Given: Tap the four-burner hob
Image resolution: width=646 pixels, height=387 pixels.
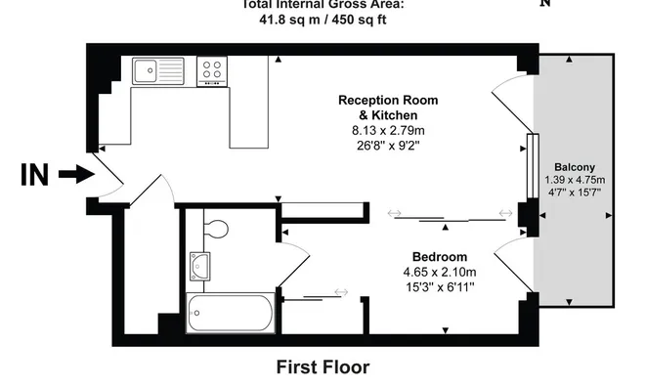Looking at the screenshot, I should (x=211, y=69).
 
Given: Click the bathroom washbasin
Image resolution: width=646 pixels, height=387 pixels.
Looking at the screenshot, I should (x=201, y=264).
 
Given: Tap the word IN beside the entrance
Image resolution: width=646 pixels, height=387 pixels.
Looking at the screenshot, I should (x=34, y=175).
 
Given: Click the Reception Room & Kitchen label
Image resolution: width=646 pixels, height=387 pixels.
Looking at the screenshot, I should (x=387, y=107).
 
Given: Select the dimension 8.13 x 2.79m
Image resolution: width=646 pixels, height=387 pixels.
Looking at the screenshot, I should (x=387, y=130).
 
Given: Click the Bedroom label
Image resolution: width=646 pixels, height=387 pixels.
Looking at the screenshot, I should (x=439, y=256).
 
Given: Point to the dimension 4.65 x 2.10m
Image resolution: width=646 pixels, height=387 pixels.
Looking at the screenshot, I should (x=439, y=272).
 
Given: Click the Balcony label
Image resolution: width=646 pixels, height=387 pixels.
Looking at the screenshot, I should (x=574, y=167).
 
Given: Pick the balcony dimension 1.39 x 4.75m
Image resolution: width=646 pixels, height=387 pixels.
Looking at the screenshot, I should (x=574, y=180).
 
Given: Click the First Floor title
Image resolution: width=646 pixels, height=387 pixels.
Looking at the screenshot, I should (x=323, y=367).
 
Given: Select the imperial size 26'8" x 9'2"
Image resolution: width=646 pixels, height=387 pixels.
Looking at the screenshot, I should (x=387, y=146).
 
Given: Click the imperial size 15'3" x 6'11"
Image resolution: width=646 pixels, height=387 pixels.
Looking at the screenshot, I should (x=439, y=287).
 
